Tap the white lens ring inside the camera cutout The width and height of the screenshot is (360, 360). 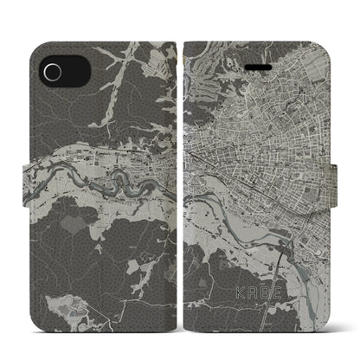point(53,70)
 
